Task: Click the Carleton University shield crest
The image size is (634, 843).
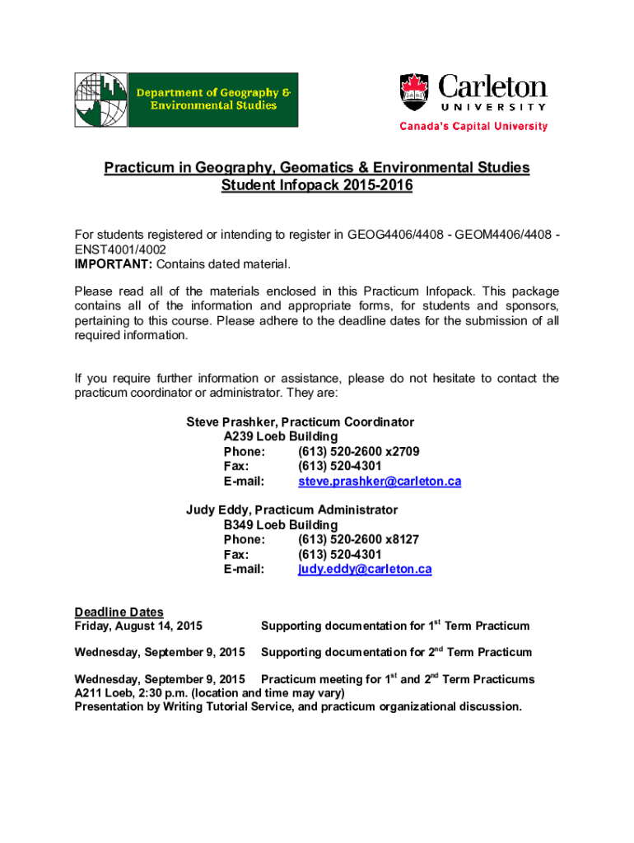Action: point(415,92)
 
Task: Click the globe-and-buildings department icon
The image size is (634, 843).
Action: point(102,100)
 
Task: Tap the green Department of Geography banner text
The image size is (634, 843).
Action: point(217,100)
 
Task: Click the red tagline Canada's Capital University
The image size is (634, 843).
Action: point(473,127)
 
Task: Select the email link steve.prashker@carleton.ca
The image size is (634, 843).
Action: point(380,481)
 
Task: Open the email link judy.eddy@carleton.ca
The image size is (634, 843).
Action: point(365,569)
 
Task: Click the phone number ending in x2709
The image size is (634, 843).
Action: point(359,451)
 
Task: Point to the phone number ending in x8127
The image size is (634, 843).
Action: point(359,539)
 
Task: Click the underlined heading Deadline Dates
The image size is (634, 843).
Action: point(119,612)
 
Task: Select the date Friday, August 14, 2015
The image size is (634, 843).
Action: point(138,626)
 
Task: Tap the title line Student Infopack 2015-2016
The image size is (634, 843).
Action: point(317,186)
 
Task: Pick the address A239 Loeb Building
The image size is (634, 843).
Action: point(281,436)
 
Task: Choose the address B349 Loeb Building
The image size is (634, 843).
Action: point(281,524)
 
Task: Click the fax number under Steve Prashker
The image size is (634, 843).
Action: point(339,466)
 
